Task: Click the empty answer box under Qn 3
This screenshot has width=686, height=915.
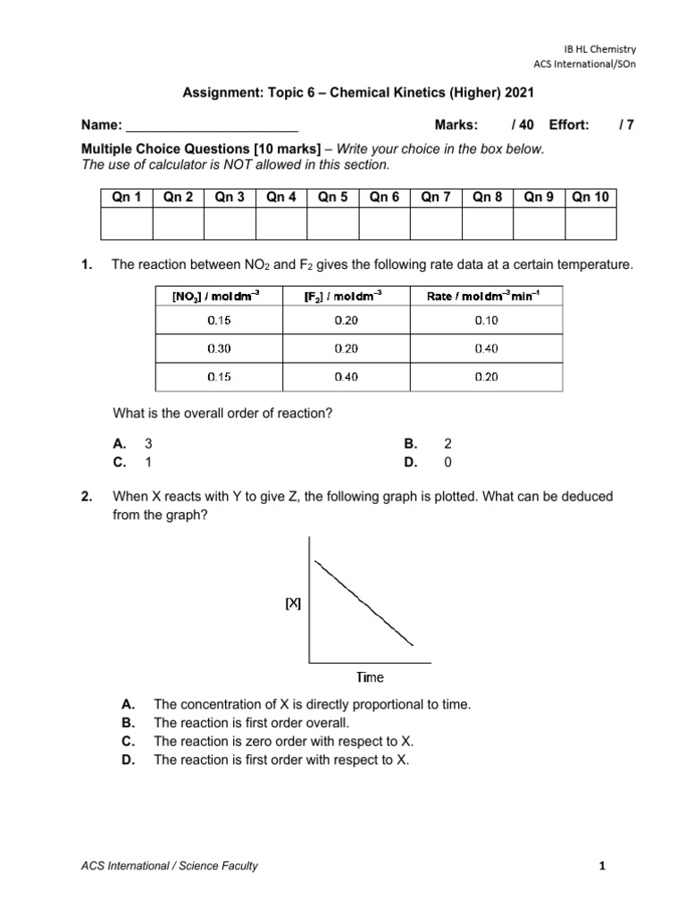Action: [230, 223]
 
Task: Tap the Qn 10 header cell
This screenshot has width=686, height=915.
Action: [591, 197]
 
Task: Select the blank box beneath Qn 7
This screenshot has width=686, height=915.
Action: [437, 223]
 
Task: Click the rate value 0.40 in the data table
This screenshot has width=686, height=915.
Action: [486, 348]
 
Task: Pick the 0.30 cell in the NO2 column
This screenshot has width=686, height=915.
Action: [218, 348]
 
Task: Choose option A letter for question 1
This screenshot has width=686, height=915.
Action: [118, 444]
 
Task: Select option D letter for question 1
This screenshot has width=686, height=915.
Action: [410, 462]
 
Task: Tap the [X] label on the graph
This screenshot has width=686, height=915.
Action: [293, 604]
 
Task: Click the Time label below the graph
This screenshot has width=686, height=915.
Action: [370, 678]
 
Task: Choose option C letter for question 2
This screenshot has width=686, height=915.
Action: [128, 742]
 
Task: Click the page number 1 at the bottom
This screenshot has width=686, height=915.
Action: [603, 865]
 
